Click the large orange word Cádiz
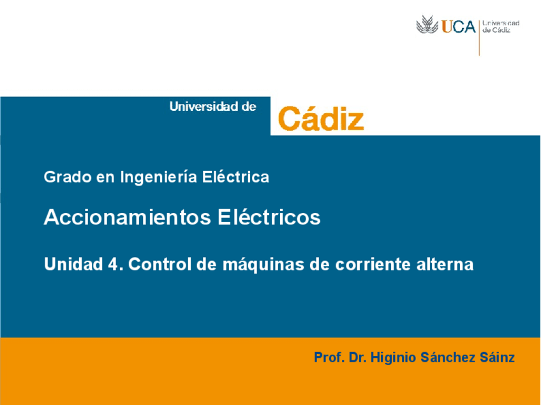(321, 119)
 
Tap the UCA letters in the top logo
(458, 27)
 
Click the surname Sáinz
(499, 358)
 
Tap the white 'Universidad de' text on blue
(212, 107)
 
